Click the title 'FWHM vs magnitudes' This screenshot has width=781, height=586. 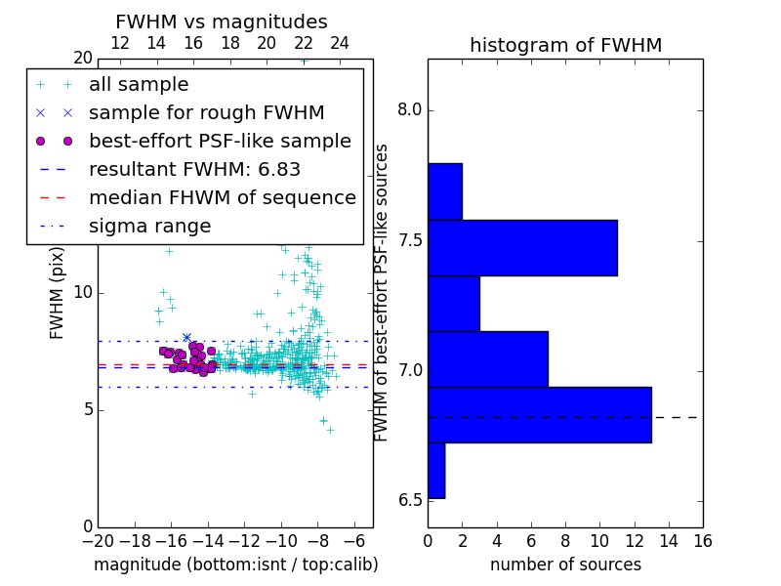coord(221,21)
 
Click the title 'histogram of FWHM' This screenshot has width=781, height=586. coord(565,45)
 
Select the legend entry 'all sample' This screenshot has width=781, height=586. coord(139,85)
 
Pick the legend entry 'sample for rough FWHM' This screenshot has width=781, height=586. coord(206,113)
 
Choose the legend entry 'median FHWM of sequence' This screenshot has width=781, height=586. coord(222,198)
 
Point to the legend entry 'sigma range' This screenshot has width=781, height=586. coord(149,227)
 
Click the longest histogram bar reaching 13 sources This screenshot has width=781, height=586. coord(539,415)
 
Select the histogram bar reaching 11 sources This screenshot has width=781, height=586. coord(522,247)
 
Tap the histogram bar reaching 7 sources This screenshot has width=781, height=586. coord(487,359)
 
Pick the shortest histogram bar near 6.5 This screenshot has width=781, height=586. coord(435,471)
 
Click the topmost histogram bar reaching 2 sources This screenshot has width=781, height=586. coord(444,191)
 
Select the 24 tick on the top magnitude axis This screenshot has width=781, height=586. coord(340,43)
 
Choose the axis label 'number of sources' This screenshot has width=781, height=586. coord(565,565)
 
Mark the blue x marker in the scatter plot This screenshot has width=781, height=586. coord(186,338)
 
